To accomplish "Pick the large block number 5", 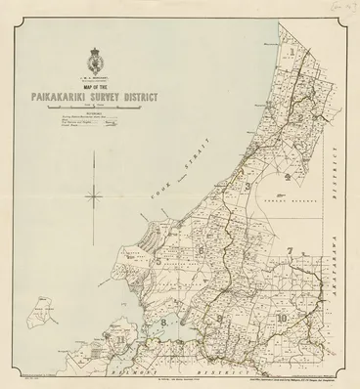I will tap(157, 262).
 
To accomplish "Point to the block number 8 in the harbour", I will tap(168, 319).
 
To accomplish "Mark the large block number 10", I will tap(283, 318).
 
